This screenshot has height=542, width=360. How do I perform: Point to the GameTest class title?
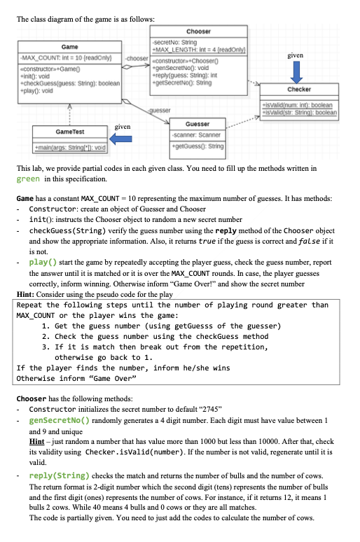[x=69, y=131]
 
